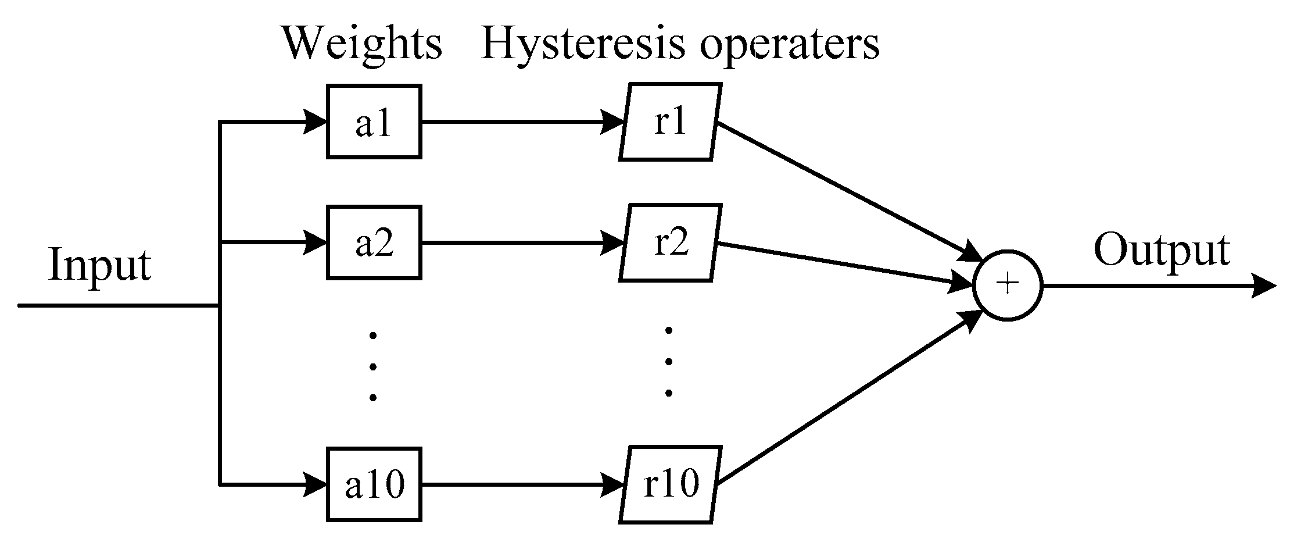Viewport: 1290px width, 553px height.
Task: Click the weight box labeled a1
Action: [374, 122]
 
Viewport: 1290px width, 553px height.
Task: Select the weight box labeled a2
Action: [374, 242]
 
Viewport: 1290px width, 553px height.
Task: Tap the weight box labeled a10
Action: [374, 484]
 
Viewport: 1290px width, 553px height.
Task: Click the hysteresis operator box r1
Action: [669, 122]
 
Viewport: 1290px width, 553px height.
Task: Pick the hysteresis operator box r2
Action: [669, 242]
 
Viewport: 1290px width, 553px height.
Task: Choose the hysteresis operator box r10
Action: [669, 484]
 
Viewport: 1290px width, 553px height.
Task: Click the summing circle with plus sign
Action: [1008, 284]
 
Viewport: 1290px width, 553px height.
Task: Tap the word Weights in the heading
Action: [362, 44]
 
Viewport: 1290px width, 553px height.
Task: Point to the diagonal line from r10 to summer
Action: [843, 401]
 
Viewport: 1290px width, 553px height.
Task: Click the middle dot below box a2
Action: [372, 366]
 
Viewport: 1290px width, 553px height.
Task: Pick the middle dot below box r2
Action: [668, 362]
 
